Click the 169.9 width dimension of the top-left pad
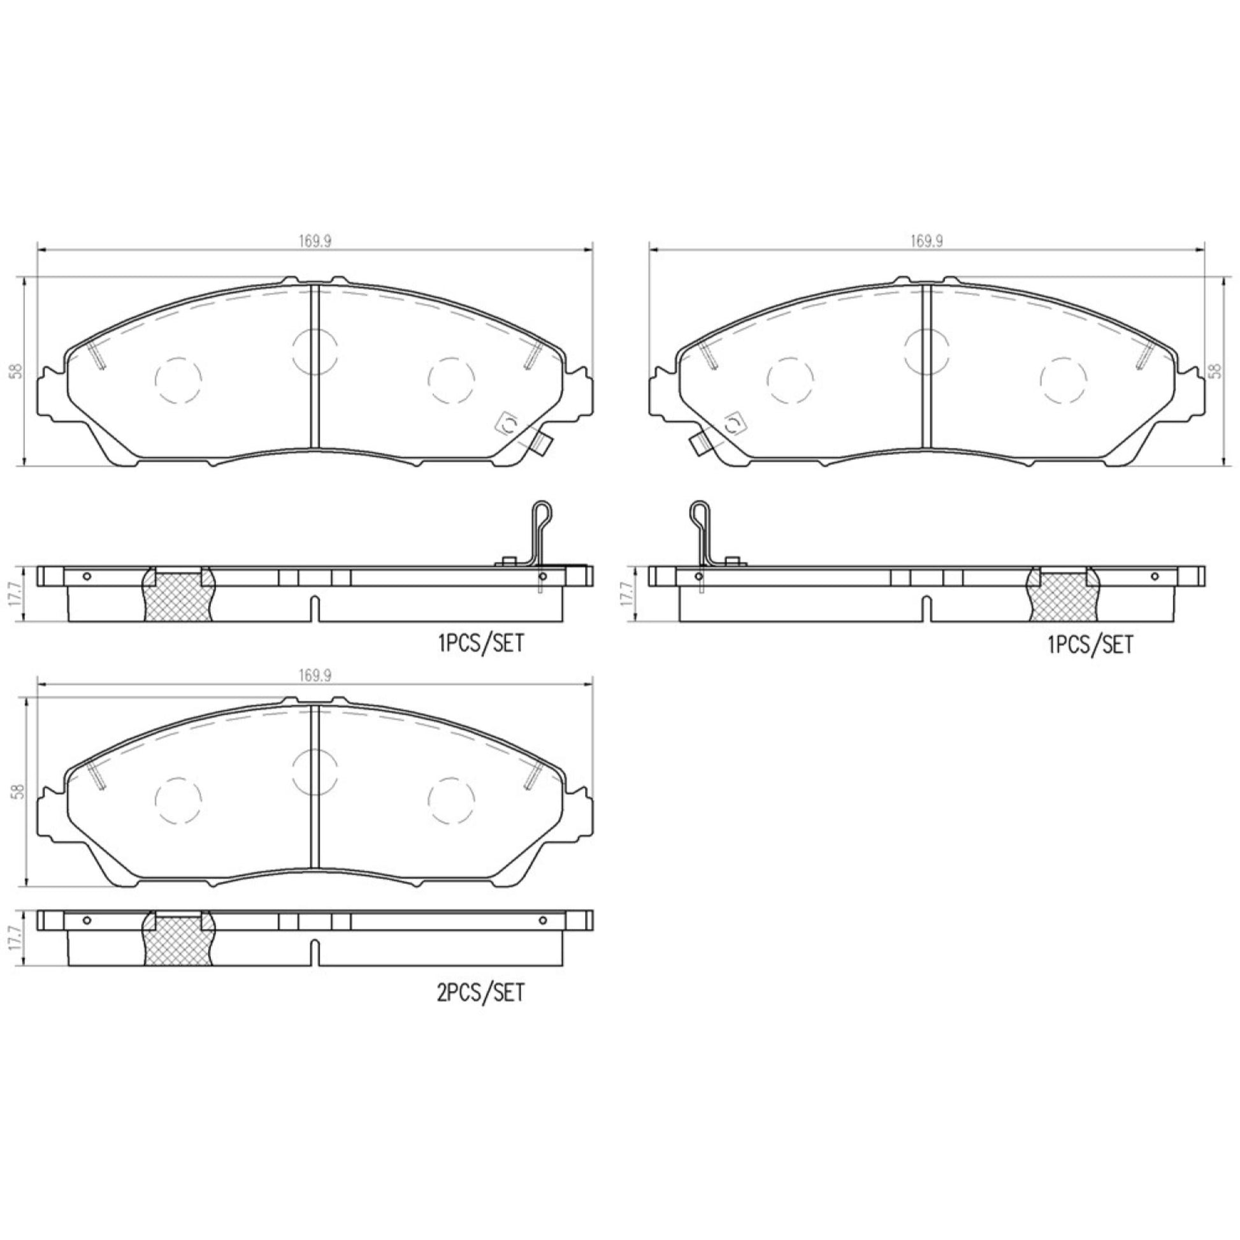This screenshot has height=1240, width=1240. click(315, 241)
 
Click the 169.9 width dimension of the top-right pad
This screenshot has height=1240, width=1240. click(925, 241)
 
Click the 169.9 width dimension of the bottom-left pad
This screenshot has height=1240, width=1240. click(315, 676)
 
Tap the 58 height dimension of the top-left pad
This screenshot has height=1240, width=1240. click(17, 371)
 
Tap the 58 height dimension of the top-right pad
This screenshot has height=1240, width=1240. click(1215, 371)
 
